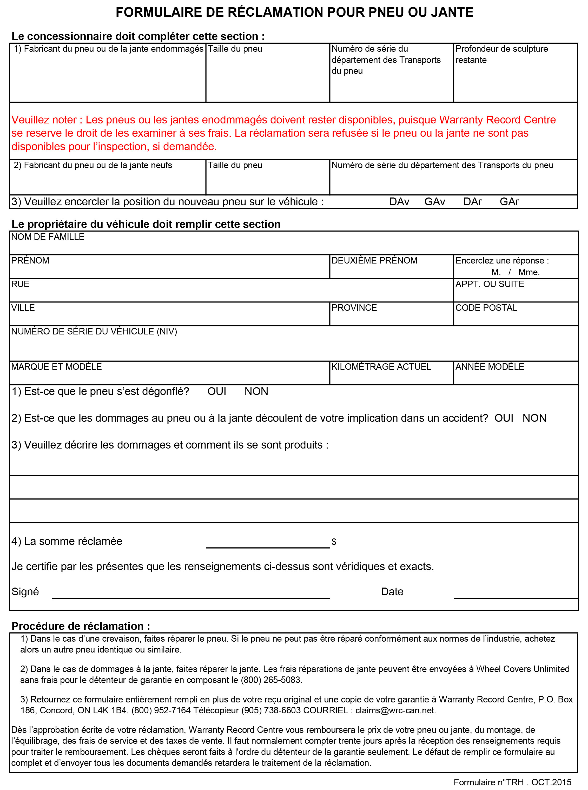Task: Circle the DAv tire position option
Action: tap(399, 202)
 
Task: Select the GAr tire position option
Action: tap(509, 202)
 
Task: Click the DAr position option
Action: tap(472, 202)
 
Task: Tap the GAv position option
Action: tap(435, 202)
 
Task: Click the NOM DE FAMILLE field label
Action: tap(48, 237)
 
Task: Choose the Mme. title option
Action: tap(529, 272)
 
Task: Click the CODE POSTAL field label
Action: tap(486, 308)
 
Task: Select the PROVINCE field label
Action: tap(354, 308)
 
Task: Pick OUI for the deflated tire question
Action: tap(217, 392)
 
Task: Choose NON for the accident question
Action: tap(534, 418)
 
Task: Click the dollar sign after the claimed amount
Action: tap(334, 542)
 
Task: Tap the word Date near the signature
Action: tap(392, 592)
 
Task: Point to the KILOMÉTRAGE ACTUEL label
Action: tap(381, 367)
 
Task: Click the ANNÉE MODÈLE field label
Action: tap(490, 367)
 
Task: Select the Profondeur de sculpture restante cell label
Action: tap(501, 54)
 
